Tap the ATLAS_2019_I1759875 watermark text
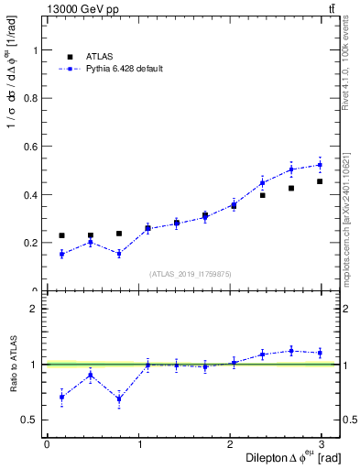[191, 274]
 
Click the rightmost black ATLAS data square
[320, 181]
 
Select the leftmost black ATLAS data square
[61, 235]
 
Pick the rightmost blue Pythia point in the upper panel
[320, 165]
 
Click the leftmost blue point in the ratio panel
[61, 397]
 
